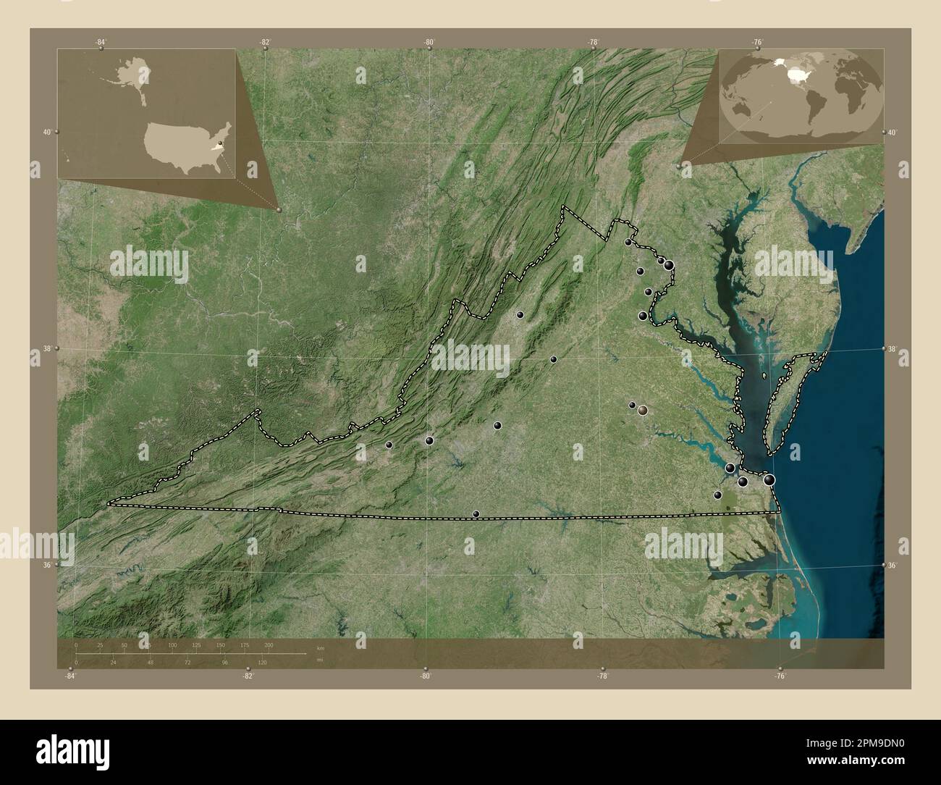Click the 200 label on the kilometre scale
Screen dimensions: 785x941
click(x=269, y=645)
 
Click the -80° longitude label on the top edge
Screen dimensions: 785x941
click(x=429, y=43)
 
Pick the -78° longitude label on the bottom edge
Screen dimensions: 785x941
click(x=602, y=676)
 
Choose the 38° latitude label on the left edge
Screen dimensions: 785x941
click(x=46, y=349)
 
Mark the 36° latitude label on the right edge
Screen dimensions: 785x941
click(x=893, y=565)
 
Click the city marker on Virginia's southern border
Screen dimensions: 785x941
click(x=476, y=514)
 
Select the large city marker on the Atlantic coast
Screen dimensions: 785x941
click(x=769, y=479)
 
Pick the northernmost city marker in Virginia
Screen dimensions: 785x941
click(x=628, y=243)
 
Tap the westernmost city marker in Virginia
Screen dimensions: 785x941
click(x=389, y=445)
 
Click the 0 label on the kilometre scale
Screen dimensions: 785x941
click(x=75, y=645)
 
